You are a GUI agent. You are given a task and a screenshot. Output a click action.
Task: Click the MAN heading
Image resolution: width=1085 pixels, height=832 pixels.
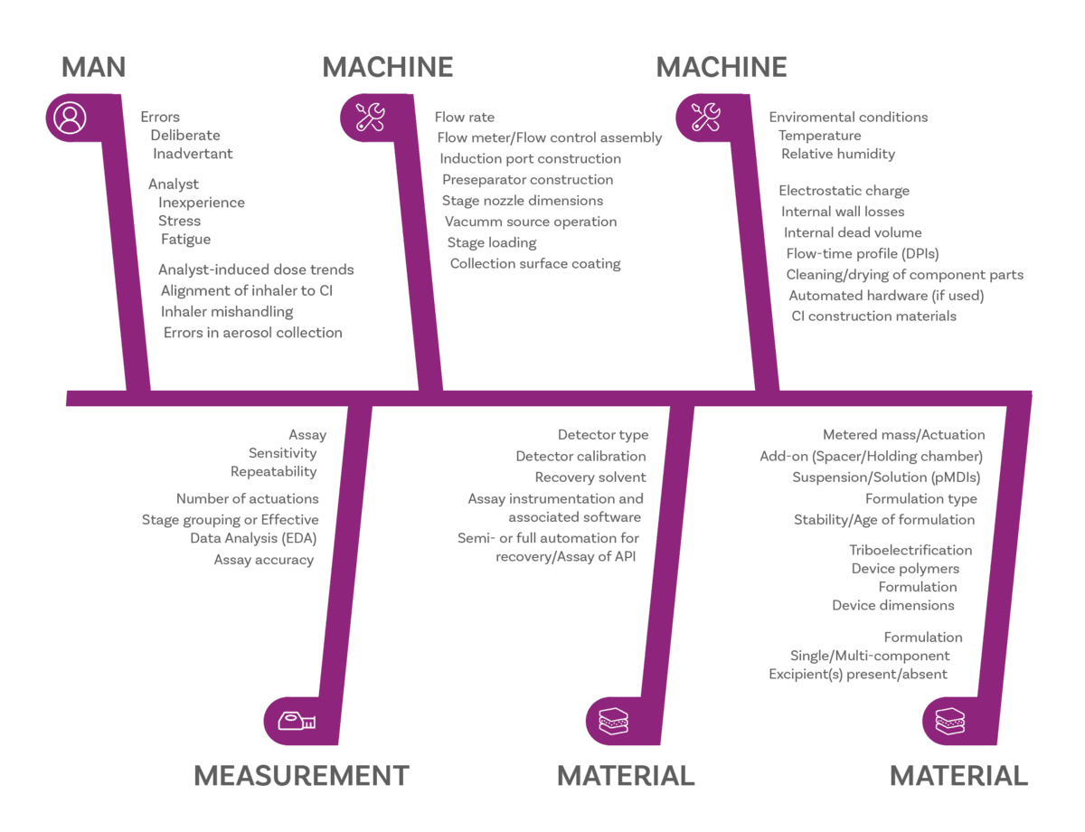pos(93,67)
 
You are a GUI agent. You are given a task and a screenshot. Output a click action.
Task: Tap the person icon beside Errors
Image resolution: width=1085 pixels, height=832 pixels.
pos(70,118)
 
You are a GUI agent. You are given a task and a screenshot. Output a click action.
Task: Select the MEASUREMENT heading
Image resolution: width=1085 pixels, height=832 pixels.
pos(301,776)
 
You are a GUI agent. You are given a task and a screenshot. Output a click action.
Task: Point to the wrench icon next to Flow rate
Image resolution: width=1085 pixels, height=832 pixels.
pos(370,117)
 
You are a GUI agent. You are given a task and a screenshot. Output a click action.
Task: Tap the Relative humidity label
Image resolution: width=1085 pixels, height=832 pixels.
pos(838,154)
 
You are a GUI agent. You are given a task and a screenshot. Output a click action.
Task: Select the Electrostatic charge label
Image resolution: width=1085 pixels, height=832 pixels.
pos(844,191)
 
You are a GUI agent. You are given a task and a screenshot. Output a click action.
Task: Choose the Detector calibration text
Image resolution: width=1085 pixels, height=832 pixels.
pos(580,456)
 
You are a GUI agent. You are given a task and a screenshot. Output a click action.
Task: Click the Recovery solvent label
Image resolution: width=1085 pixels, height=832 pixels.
pos(590,477)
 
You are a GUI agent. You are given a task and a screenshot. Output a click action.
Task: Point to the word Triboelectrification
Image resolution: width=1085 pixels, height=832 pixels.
pos(910,550)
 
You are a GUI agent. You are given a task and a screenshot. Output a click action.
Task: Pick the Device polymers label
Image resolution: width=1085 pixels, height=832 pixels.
pos(904,569)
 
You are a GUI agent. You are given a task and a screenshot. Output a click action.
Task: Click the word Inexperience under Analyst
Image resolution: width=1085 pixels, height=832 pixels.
pos(202,203)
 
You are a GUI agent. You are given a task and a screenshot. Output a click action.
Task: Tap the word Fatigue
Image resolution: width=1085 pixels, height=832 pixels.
pos(186,240)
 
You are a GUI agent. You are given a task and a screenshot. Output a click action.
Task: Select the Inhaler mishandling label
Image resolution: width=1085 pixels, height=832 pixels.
pos(227,311)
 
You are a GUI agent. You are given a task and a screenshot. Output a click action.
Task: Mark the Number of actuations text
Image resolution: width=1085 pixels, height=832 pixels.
pos(247,498)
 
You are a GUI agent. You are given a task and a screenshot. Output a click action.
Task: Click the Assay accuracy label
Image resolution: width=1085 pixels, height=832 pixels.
pos(263,560)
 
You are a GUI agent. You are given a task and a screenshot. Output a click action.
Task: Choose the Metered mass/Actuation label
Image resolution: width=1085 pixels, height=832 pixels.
pos(903,435)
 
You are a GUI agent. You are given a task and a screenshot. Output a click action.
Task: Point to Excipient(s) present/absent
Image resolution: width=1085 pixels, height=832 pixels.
pos(858,674)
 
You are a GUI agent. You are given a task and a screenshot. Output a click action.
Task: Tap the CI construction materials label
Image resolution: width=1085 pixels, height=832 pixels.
pos(873,316)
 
